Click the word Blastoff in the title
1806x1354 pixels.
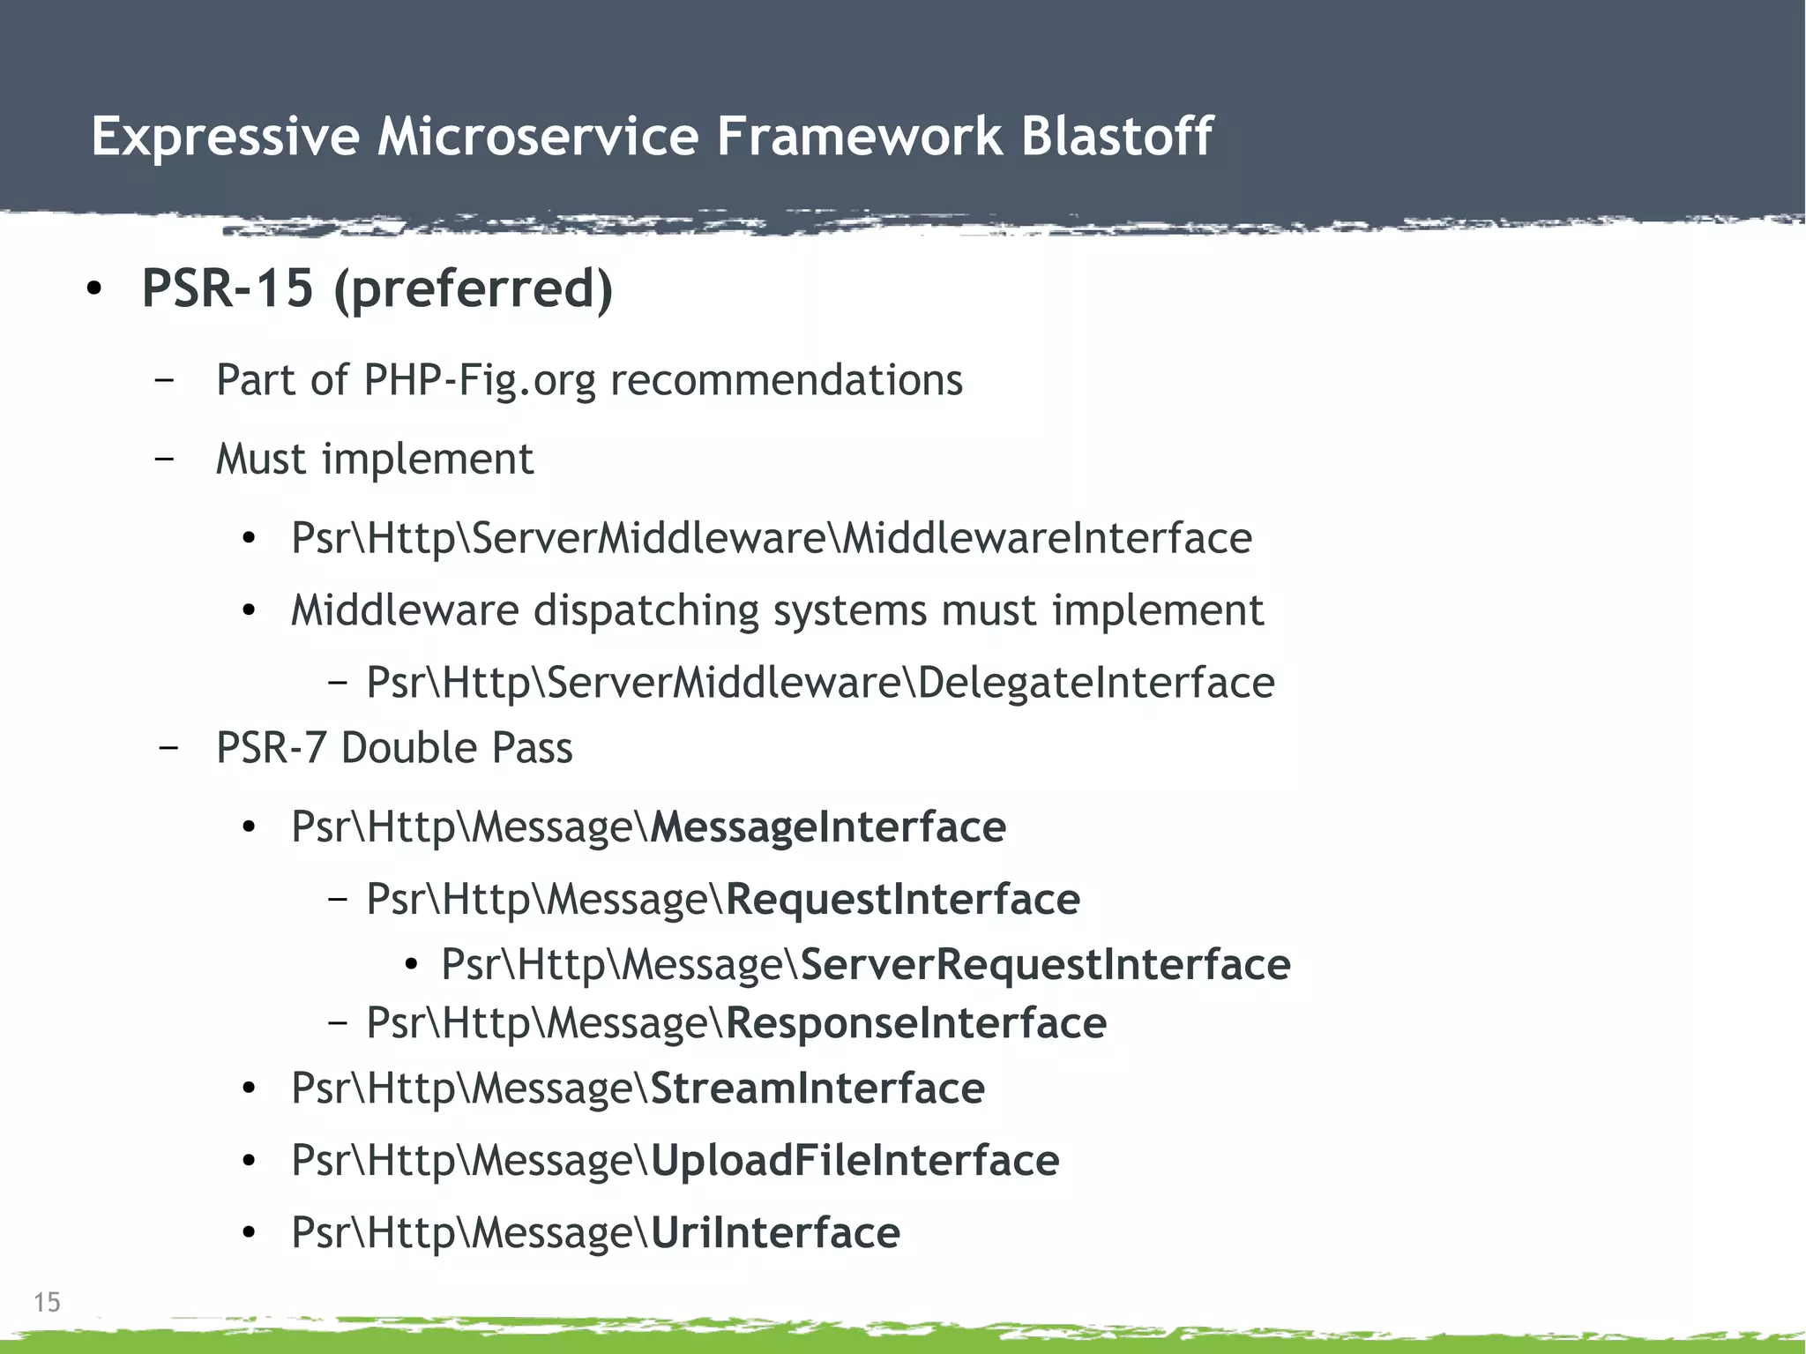pos(1116,137)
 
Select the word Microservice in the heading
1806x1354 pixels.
pos(537,137)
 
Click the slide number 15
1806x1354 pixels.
pos(47,1302)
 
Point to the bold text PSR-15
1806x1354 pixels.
pos(228,288)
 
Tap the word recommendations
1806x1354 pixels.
pos(786,380)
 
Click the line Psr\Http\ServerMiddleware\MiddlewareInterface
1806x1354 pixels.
pos(771,538)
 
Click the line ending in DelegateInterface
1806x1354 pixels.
pos(820,683)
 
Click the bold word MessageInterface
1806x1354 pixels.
pos(827,827)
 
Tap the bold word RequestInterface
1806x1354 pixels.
pos(902,900)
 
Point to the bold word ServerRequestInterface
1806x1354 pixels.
pos(1045,964)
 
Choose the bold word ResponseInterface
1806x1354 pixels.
pos(915,1023)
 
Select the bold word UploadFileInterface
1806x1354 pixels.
pos(854,1161)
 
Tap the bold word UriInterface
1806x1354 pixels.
pos(774,1233)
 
